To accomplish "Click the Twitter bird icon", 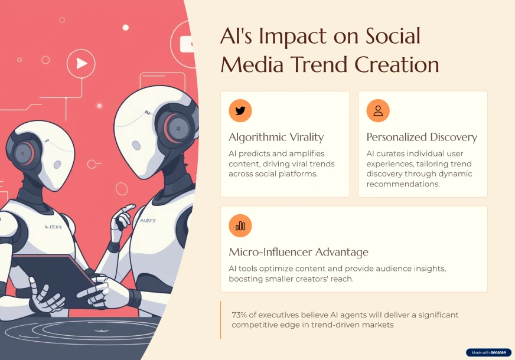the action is [240, 110].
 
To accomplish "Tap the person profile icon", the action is [378, 110].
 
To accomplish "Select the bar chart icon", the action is [240, 225].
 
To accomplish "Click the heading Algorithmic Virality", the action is [276, 137].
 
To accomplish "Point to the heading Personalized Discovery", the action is [422, 137].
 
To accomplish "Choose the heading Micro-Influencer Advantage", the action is [299, 252].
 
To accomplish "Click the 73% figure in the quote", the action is [239, 315].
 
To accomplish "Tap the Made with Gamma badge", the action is [489, 352].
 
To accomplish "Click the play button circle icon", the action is [81, 63].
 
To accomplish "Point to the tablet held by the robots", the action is [54, 279].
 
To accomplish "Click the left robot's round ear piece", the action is [23, 153].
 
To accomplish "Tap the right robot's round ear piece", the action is [177, 128].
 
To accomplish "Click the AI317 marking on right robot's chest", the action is [148, 221].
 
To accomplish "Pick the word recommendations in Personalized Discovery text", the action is [403, 184].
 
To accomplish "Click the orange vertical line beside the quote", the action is [220, 320].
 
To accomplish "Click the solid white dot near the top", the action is [125, 28].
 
